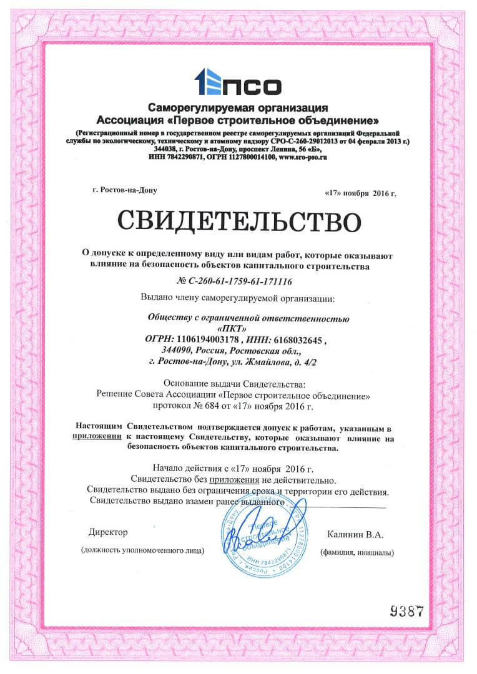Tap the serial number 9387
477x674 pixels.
point(411,610)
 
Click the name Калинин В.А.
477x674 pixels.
point(355,535)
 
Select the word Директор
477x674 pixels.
point(108,532)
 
